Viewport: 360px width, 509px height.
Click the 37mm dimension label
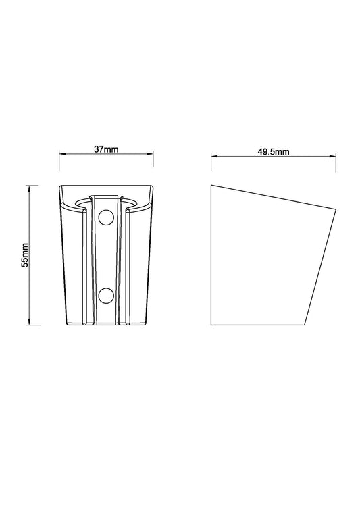click(x=106, y=149)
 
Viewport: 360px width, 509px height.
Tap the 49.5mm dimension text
click(x=274, y=152)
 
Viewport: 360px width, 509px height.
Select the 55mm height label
click(x=25, y=255)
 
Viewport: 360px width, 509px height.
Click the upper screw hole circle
click(x=106, y=217)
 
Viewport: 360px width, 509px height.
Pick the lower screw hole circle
click(x=106, y=295)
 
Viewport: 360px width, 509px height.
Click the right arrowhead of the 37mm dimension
click(x=150, y=154)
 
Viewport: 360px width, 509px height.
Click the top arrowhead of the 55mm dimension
click(x=29, y=188)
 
